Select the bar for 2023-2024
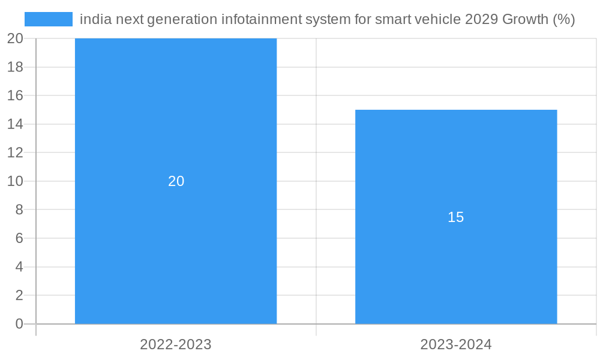[x=456, y=270]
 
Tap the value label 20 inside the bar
[x=176, y=181]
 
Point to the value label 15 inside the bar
[x=456, y=217]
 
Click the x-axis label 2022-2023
[x=176, y=344]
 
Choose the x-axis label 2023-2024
[x=456, y=344]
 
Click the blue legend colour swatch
[x=48, y=19]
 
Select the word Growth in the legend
[x=524, y=19]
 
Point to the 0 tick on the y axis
[x=19, y=324]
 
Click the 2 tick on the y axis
[x=19, y=295]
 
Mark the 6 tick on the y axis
[x=19, y=238]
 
